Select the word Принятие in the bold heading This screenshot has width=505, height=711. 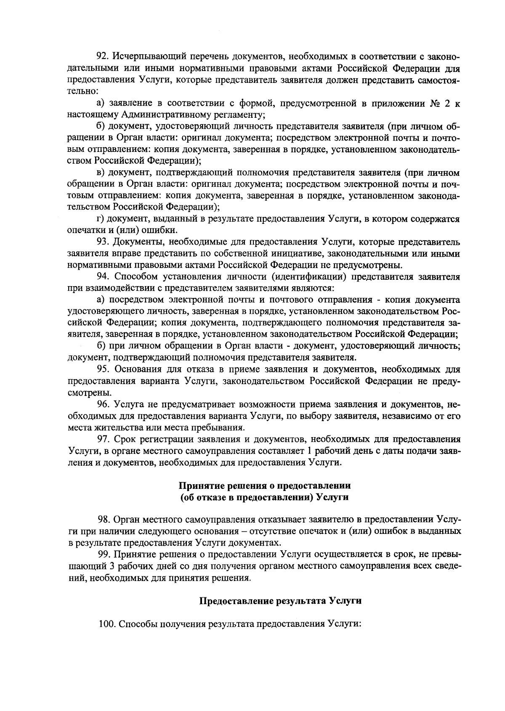197,485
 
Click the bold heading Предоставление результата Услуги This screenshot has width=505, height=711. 280,601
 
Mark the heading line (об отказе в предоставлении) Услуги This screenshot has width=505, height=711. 264,497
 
